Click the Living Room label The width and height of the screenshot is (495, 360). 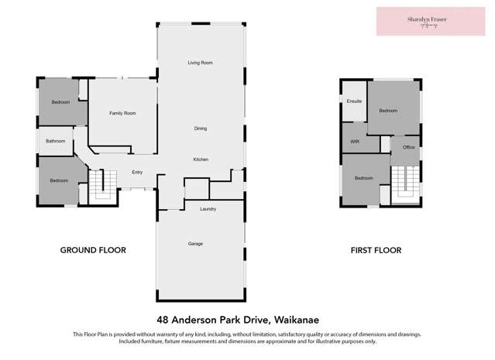[x=200, y=63]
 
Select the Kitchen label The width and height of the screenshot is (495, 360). [x=201, y=159]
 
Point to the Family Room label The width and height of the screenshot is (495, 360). [x=122, y=114]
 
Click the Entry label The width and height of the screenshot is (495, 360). [x=137, y=173]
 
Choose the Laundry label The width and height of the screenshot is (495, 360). [x=207, y=209]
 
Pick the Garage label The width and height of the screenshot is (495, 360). [x=195, y=244]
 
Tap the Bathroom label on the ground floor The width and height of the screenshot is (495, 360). [x=55, y=141]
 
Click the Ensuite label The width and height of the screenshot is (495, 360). [x=355, y=101]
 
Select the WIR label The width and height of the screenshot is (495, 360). [x=355, y=142]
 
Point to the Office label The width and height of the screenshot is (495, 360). [x=409, y=146]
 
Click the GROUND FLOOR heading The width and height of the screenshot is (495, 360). [x=93, y=250]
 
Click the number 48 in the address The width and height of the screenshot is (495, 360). [x=163, y=318]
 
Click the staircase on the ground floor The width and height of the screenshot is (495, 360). [x=98, y=185]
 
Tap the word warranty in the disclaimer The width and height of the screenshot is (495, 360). [x=177, y=334]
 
